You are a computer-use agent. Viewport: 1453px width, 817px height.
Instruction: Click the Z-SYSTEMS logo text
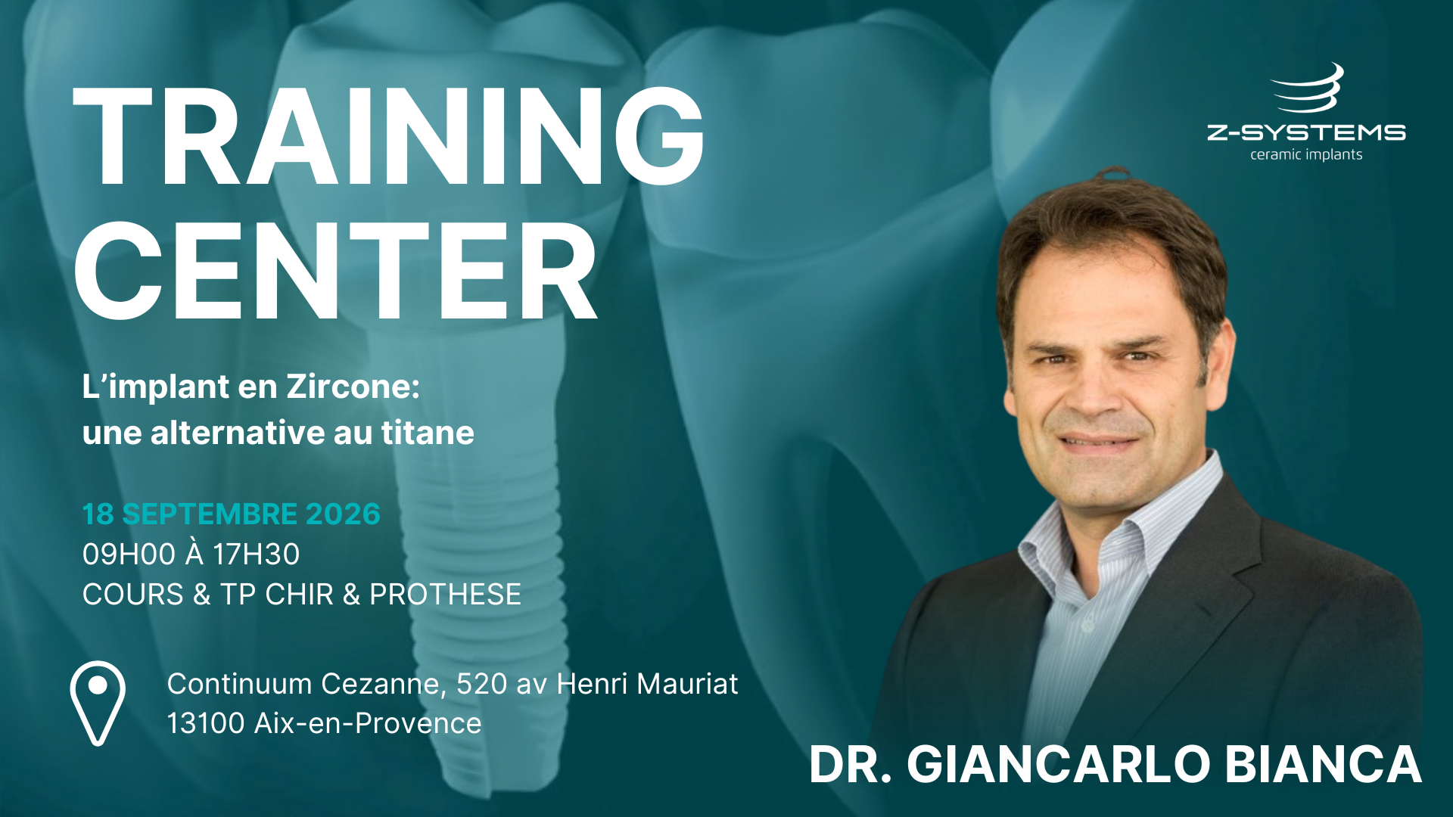pyautogui.click(x=1306, y=133)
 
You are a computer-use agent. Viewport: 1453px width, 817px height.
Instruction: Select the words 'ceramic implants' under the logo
pyautogui.click(x=1306, y=155)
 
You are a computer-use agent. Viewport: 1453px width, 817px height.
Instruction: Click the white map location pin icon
pyautogui.click(x=98, y=704)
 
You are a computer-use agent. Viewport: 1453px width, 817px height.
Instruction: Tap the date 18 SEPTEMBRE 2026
pyautogui.click(x=231, y=514)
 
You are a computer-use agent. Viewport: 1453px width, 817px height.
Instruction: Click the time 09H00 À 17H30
pyautogui.click(x=191, y=554)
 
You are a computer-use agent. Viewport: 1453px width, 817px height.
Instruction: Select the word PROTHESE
pyautogui.click(x=445, y=595)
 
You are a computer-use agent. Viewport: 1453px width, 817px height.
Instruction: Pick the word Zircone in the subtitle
pyautogui.click(x=353, y=387)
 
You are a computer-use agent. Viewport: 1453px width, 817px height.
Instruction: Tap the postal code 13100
pyautogui.click(x=206, y=724)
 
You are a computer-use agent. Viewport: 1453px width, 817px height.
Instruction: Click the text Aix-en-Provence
pyautogui.click(x=368, y=724)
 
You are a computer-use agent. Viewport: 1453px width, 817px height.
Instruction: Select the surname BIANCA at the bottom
pyautogui.click(x=1323, y=764)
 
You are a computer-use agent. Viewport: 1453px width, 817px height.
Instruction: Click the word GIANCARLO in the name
pyautogui.click(x=1059, y=764)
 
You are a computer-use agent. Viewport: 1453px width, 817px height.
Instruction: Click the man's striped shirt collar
pyautogui.click(x=1120, y=522)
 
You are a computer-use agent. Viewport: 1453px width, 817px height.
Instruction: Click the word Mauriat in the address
pyautogui.click(x=687, y=684)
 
